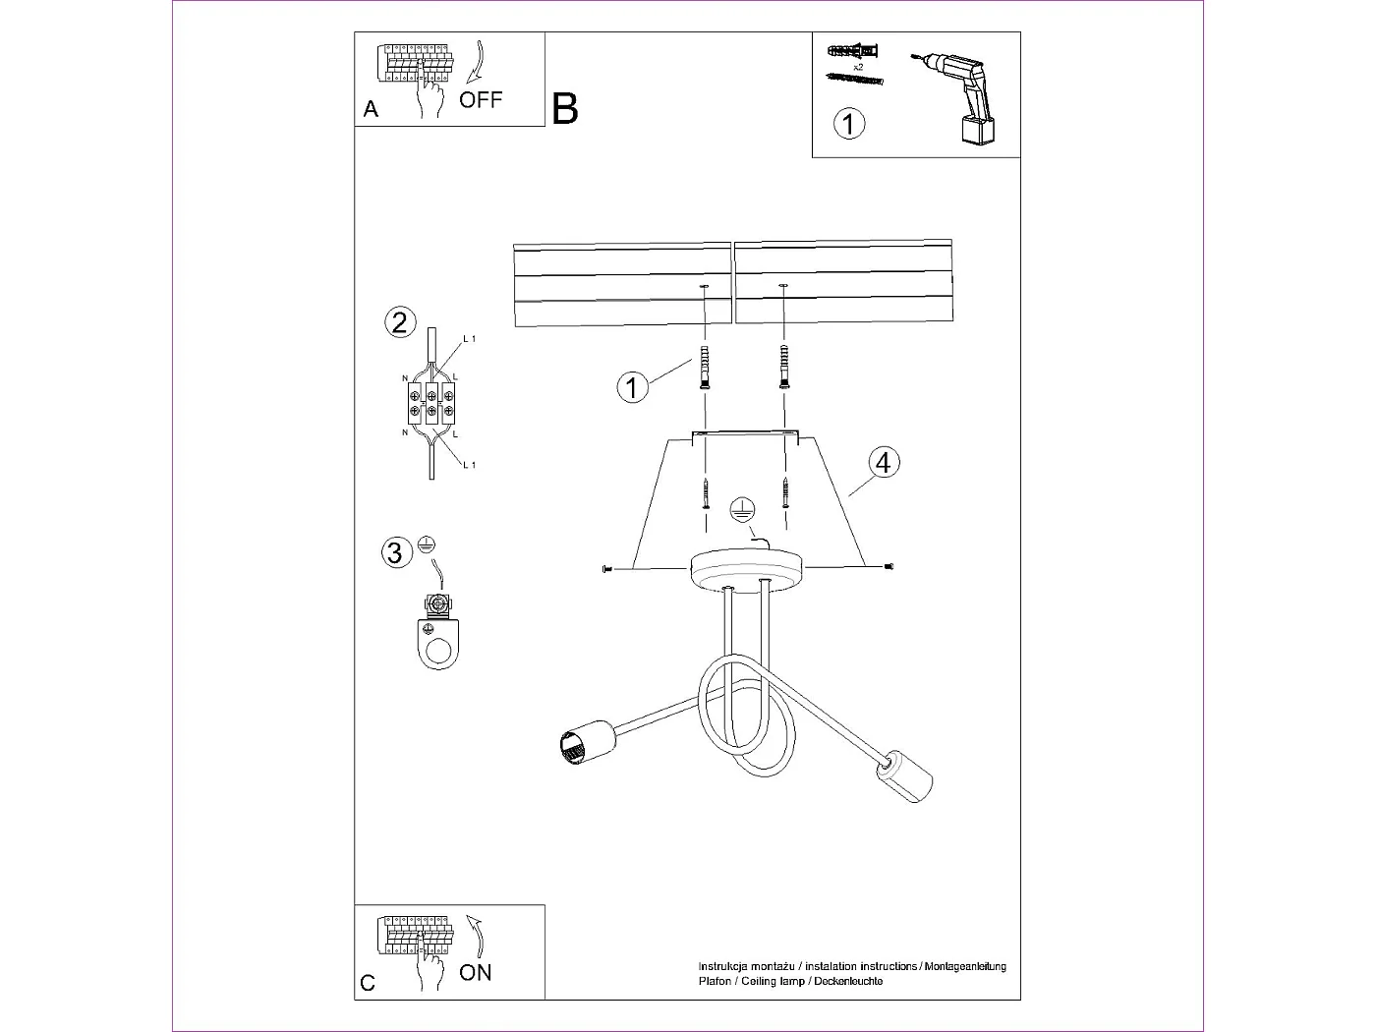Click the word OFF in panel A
[481, 99]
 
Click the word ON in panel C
[476, 972]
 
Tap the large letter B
[565, 108]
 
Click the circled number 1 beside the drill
[849, 124]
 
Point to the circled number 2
[399, 322]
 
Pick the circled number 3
[395, 552]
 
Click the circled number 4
[883, 462]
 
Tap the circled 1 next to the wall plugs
[632, 387]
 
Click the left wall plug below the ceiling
[704, 368]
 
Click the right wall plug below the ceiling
[783, 368]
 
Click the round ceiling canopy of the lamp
[747, 570]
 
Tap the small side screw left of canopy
[604, 568]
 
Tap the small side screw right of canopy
[889, 566]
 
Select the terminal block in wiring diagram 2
[430, 403]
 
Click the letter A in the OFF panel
[371, 109]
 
